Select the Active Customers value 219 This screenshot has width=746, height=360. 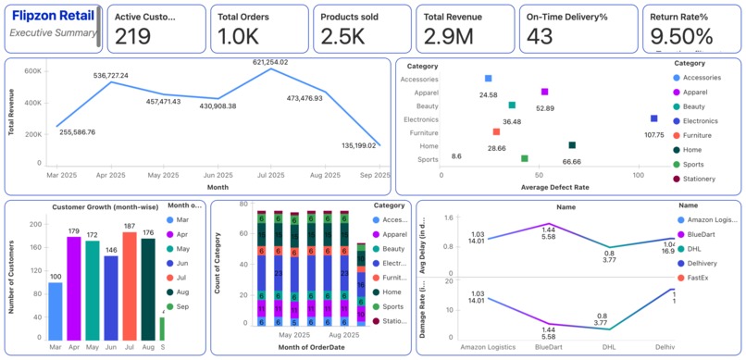coord(132,37)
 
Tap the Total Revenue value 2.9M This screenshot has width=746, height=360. coord(443,37)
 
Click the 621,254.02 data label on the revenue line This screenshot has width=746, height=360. coord(264,62)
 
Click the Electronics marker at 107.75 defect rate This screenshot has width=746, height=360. coord(653,118)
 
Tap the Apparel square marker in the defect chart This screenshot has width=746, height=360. coord(544,92)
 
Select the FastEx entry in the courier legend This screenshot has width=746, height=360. coord(700,277)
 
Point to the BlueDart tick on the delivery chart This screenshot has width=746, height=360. coord(550,347)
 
